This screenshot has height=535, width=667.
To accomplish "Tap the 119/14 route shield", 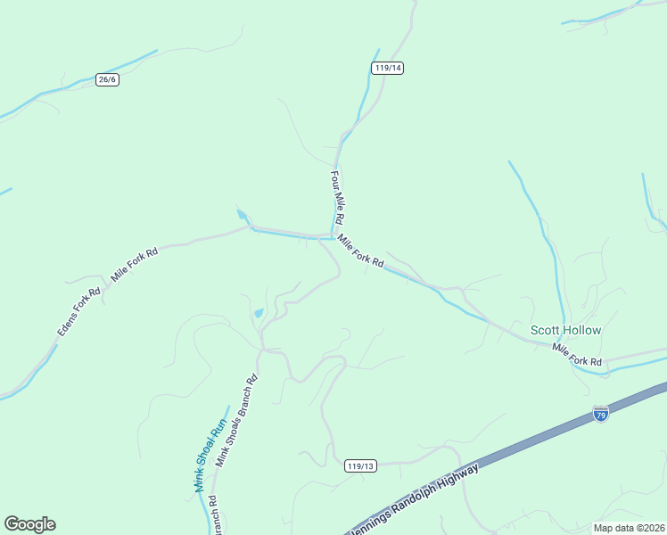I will (x=388, y=68).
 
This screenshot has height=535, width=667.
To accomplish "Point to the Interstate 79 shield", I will (x=601, y=414).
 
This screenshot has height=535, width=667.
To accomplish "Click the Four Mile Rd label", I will (x=337, y=197).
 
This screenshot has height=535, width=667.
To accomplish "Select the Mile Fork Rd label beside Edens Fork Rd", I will (x=134, y=265).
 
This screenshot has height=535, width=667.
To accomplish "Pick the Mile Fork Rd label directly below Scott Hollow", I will (x=577, y=354).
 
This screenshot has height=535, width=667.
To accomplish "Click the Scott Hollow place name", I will (x=566, y=330).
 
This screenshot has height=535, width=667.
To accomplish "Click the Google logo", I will (x=29, y=523).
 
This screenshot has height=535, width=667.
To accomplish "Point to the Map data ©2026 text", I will (x=630, y=528).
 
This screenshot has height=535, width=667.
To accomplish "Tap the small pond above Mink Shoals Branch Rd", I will (x=258, y=313).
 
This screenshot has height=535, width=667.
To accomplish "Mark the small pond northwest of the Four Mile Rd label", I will (x=242, y=214).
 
